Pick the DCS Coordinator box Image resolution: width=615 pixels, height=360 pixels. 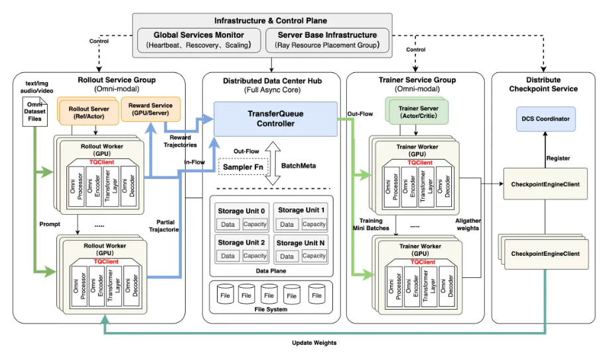click(545, 119)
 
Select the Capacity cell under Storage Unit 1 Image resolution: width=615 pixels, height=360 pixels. click(314, 224)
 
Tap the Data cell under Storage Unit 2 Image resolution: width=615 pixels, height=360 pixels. click(228, 255)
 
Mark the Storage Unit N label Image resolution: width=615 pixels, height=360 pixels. click(301, 243)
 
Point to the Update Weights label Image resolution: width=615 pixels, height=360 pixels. click(314, 343)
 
